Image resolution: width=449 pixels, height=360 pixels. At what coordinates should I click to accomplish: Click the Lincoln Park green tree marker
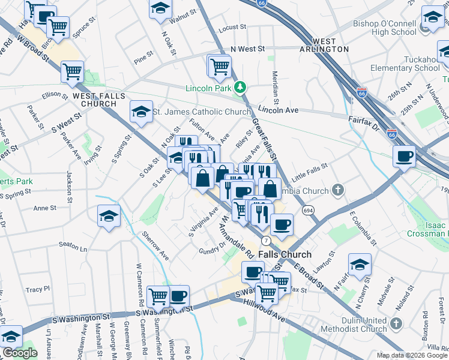(x=240, y=88)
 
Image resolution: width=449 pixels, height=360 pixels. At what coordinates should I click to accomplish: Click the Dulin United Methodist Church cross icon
(x=396, y=324)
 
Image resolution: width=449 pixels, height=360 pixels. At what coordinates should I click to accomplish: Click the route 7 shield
(x=265, y=241)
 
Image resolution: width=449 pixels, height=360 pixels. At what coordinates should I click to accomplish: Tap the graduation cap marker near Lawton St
(x=359, y=264)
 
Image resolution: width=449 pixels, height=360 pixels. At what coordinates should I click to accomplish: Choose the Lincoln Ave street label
(x=279, y=110)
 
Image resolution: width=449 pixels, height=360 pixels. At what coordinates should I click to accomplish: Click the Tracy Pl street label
(x=37, y=289)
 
